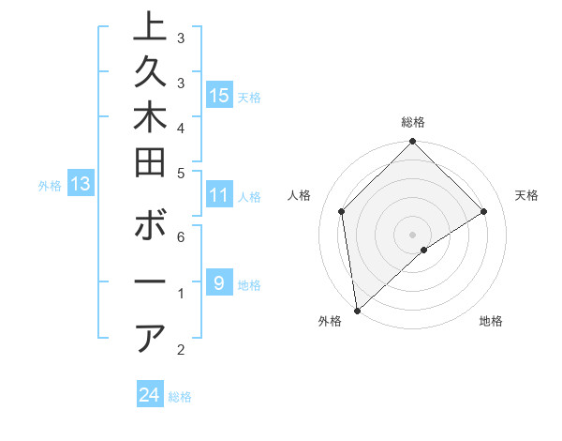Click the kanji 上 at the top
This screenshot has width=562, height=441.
point(151,27)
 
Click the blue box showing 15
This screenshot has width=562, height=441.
point(219,95)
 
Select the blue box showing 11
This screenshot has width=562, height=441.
point(219,196)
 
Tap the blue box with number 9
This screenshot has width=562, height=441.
point(219,282)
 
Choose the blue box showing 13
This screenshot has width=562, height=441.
point(81,185)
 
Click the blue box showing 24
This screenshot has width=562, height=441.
point(150,395)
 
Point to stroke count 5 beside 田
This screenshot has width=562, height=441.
point(180,173)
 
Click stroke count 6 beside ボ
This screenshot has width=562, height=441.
point(180,237)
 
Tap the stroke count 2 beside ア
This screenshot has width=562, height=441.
point(180,350)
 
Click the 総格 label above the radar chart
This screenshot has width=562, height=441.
point(413,122)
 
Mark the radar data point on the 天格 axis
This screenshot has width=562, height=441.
point(484,211)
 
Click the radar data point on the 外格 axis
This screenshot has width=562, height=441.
point(357,310)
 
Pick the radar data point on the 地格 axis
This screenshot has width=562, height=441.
point(424,250)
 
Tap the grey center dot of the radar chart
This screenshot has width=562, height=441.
point(413,234)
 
